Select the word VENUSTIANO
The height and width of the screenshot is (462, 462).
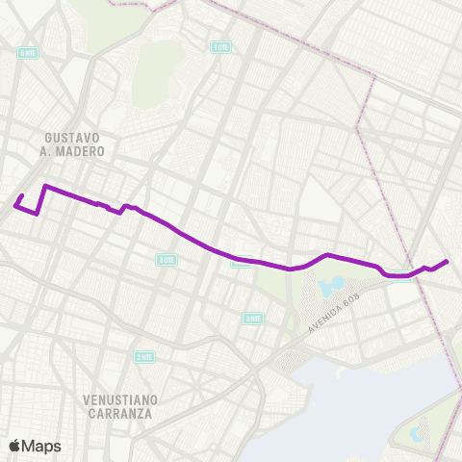coord(119,398)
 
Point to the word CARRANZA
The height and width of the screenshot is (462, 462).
coord(119,413)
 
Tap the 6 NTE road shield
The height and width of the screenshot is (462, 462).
coord(25,54)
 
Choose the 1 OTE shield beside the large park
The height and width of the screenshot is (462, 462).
coord(221,46)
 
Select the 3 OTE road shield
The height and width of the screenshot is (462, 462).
coord(167,260)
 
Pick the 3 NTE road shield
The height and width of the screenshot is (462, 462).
coord(253,318)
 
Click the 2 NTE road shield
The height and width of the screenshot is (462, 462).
coord(143,356)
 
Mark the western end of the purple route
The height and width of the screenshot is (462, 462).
coord(15,204)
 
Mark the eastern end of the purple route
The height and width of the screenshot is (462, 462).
coord(447,261)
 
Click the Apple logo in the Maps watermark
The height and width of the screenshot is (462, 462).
coord(15,446)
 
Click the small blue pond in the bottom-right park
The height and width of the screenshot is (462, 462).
coord(416,434)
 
